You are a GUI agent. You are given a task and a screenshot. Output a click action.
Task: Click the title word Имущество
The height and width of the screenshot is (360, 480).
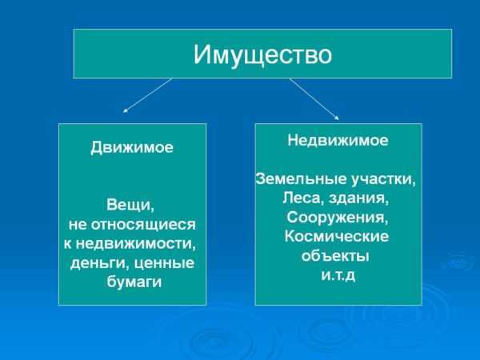262,54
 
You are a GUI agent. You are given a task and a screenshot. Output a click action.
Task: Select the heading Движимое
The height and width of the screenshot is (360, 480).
132,148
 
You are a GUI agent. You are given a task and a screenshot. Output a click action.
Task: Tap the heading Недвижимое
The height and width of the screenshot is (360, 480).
338,140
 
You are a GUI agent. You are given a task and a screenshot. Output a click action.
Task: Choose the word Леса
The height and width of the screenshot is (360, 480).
301,198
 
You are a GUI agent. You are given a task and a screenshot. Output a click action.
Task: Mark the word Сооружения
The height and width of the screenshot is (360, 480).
337,217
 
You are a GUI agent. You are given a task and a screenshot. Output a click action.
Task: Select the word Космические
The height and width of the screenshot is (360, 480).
336,237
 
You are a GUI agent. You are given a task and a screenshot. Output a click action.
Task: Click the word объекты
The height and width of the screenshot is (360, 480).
335,257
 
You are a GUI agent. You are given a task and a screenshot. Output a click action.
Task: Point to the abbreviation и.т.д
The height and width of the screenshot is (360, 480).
337,276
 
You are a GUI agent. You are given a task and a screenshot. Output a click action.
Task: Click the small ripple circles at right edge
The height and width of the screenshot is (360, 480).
458,262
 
